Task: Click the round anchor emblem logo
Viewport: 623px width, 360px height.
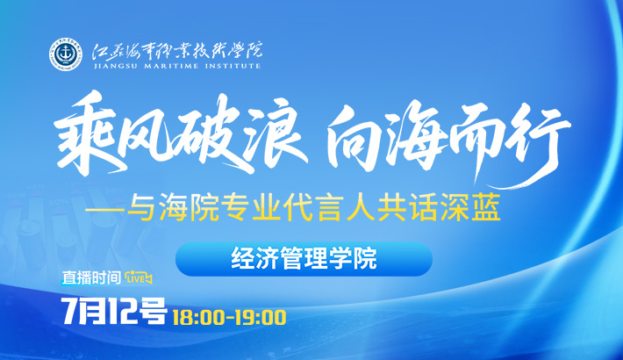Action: click(x=66, y=54)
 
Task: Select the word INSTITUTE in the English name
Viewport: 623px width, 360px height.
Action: click(x=233, y=66)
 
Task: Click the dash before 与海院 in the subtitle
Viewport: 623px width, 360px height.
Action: click(x=105, y=210)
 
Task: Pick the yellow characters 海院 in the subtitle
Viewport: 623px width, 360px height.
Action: click(x=189, y=209)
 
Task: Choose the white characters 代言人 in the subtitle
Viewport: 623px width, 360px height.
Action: click(x=329, y=209)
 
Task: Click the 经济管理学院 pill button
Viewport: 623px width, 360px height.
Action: click(x=304, y=259)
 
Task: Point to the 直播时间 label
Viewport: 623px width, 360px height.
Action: click(x=91, y=277)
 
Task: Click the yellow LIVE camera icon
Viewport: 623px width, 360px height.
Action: click(x=138, y=278)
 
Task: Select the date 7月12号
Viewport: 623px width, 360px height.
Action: click(x=114, y=310)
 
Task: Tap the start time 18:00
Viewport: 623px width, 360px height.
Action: click(x=200, y=318)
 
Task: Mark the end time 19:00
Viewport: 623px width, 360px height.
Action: click(x=261, y=318)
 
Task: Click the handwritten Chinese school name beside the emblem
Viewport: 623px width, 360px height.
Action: click(x=177, y=50)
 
